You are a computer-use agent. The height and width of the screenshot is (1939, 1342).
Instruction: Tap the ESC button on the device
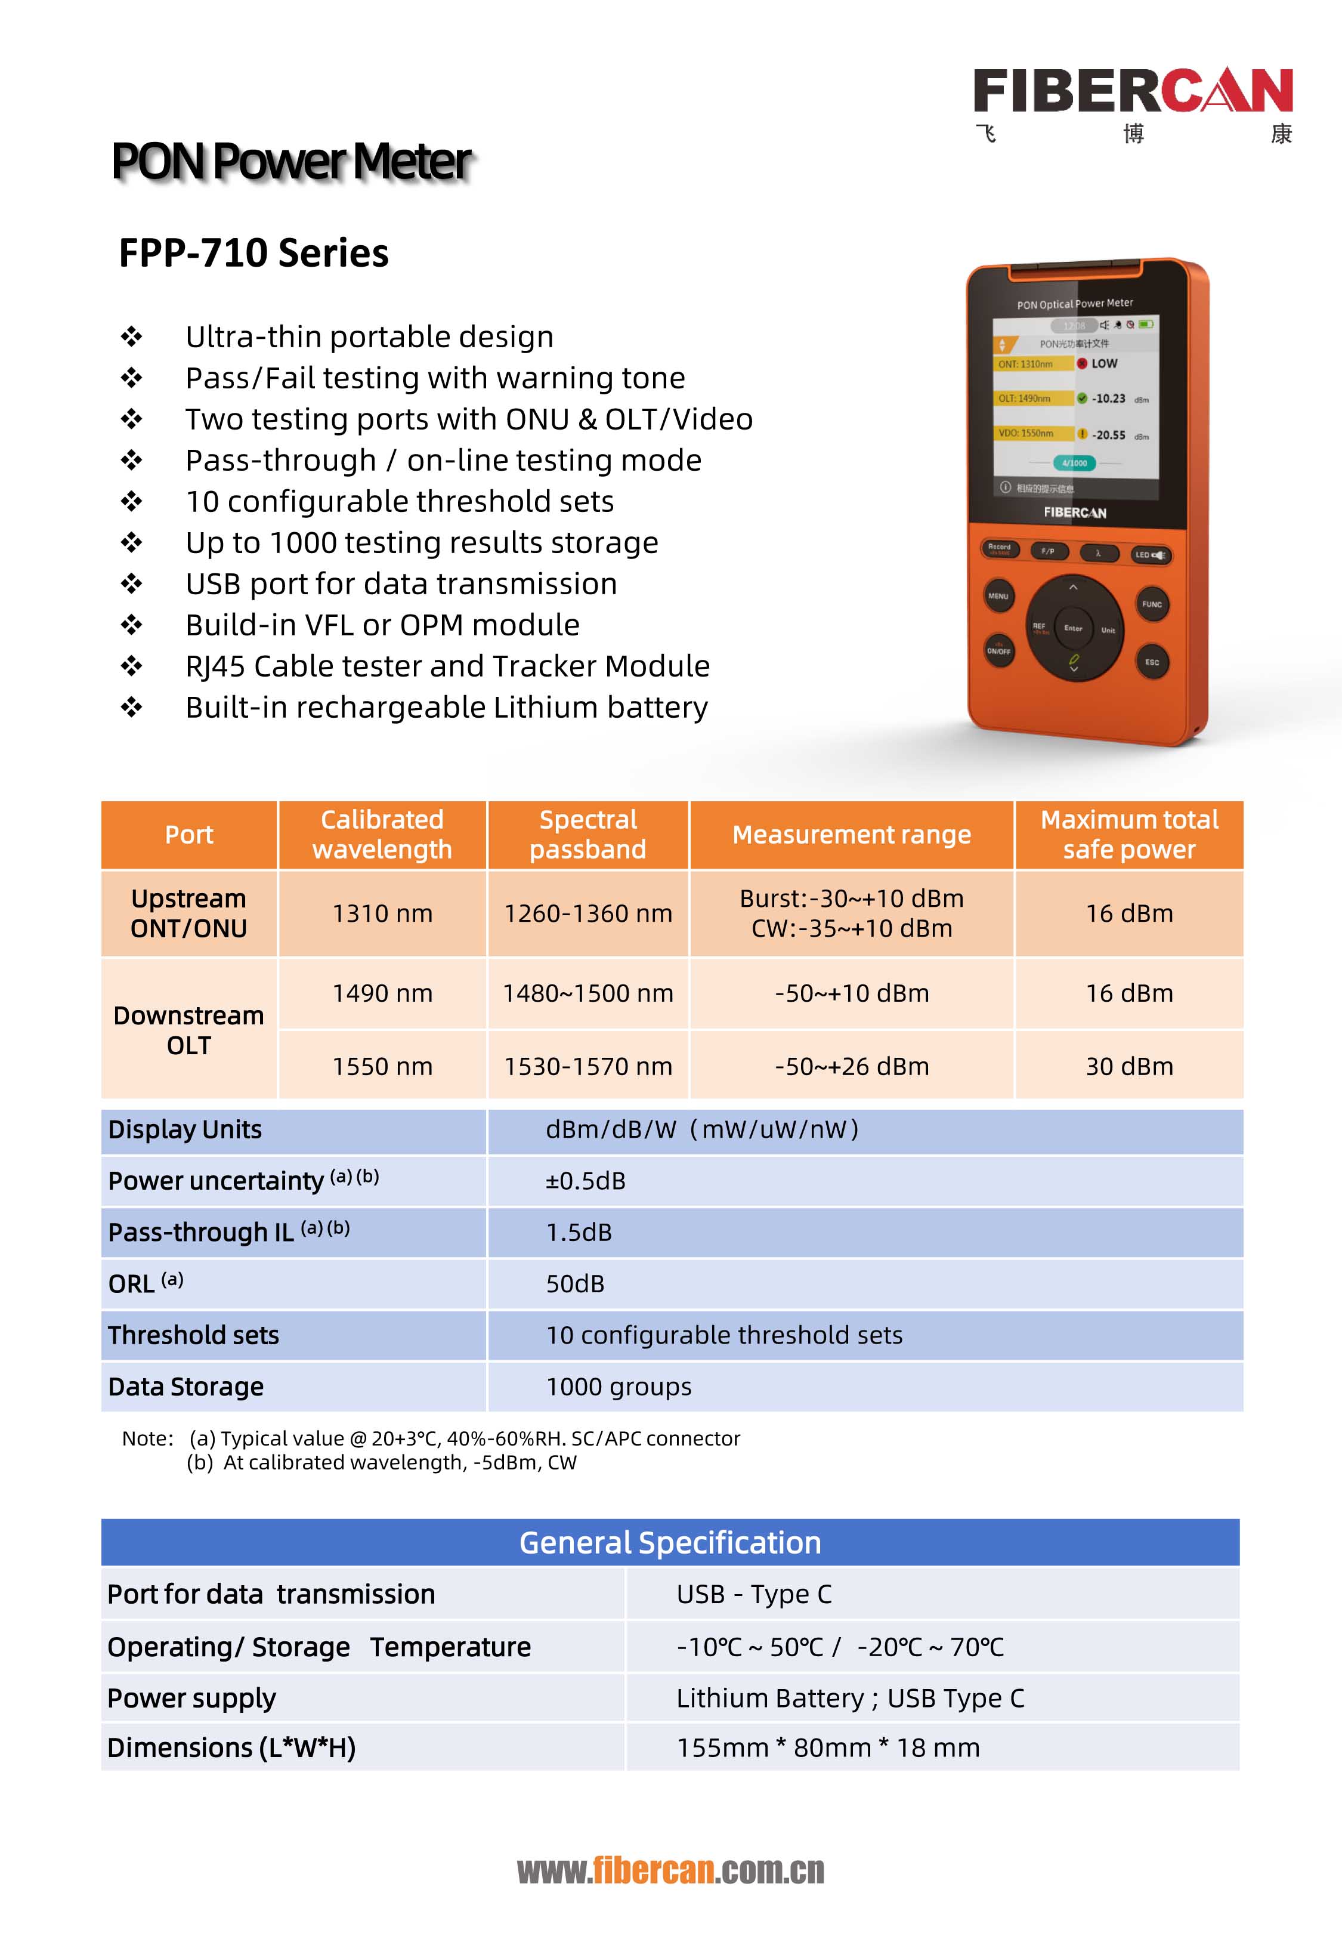(1151, 662)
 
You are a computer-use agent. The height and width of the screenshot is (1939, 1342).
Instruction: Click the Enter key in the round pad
(1073, 628)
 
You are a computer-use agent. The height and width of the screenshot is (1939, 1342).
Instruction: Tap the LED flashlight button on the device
(1149, 555)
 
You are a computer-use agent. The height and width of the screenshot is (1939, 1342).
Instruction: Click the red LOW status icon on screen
(1082, 363)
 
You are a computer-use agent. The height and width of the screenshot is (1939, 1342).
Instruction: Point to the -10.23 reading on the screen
(1108, 399)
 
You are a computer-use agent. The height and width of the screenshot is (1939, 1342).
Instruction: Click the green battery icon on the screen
(1146, 324)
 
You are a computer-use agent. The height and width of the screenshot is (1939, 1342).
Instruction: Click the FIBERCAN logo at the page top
(1132, 91)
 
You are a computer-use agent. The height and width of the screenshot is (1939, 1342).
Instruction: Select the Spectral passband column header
(587, 834)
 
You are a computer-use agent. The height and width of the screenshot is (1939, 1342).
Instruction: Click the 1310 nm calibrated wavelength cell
(382, 913)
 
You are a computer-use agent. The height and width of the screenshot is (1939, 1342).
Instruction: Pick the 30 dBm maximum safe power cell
(1128, 1066)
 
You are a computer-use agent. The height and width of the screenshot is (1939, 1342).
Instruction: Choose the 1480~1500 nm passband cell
(587, 993)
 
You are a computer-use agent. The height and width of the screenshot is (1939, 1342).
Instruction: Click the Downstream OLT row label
(189, 1030)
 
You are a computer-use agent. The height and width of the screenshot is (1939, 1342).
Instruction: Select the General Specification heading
(670, 1542)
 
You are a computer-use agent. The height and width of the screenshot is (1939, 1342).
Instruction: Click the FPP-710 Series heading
(254, 253)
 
